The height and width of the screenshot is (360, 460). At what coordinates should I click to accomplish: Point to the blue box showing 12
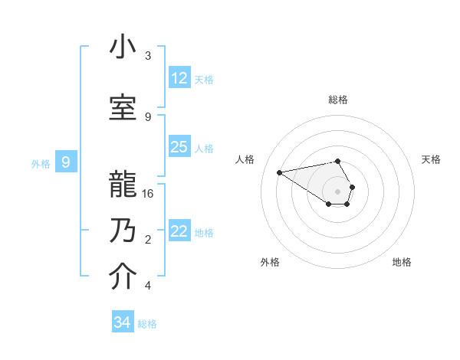pos(179,77)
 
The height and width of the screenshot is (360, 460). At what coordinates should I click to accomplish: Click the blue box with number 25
pos(179,147)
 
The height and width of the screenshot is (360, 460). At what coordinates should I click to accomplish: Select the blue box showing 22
pos(179,231)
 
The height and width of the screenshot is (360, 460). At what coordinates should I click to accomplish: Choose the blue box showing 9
pos(67,162)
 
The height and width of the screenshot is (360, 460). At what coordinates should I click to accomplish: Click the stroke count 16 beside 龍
pos(148,194)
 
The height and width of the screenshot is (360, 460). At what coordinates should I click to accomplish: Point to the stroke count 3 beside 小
pos(148,56)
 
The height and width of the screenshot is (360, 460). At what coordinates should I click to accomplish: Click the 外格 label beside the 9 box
pos(40,163)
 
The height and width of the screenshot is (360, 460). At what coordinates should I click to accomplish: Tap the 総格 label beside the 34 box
pos(147,324)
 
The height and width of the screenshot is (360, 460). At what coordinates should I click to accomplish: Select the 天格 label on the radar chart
pos(431,159)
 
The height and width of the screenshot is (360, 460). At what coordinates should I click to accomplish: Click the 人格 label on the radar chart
pos(245,159)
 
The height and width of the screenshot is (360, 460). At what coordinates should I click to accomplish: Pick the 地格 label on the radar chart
pos(402,262)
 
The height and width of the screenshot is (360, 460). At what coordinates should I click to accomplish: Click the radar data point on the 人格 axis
pos(279,172)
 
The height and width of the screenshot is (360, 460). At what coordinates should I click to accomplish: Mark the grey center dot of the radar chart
pos(337,191)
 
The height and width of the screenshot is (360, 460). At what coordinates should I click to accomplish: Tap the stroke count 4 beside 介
pos(148,286)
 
